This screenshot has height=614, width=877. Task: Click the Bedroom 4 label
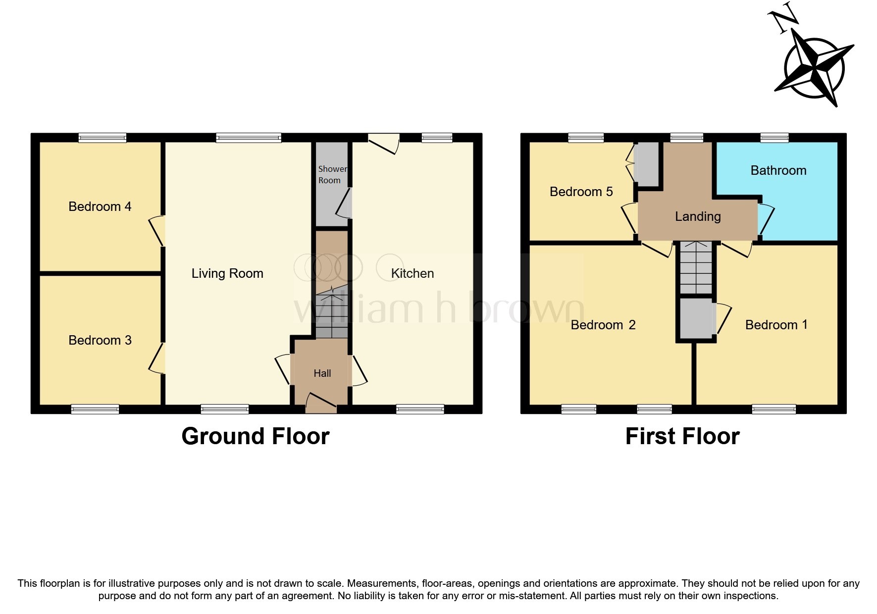coord(100,206)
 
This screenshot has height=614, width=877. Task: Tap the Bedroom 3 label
coord(100,340)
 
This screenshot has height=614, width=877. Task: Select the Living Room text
coord(227,273)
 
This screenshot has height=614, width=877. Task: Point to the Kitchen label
coord(412,273)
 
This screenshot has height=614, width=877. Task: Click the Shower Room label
coord(332,175)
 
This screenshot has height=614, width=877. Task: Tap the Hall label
coord(322,373)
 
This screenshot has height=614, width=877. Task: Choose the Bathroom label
coord(778,170)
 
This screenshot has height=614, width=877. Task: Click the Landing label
coord(698,216)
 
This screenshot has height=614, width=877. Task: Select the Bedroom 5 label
coord(581,192)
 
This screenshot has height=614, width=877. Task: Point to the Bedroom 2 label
coord(603,325)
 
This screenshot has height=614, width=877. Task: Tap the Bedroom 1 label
coord(776,325)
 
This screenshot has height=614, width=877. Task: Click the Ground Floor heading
coord(256,436)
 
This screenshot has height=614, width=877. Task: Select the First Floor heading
coord(682,436)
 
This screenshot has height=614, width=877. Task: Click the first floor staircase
coord(696,268)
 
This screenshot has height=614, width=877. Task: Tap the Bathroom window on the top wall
coord(774,138)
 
